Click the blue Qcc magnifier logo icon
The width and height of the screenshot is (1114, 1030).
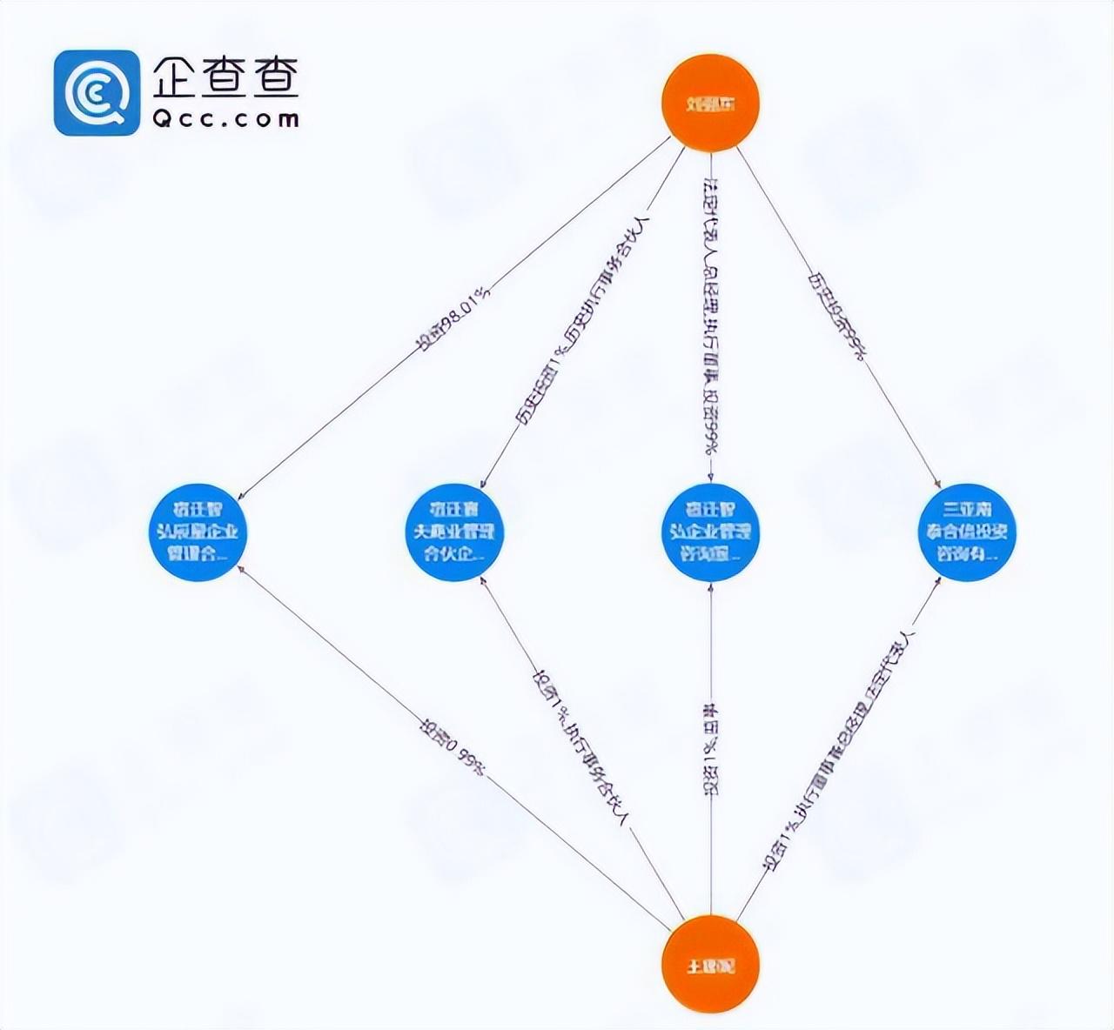[96, 92]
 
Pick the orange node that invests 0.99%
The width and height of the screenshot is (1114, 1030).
[710, 965]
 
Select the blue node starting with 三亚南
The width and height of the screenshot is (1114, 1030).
[966, 532]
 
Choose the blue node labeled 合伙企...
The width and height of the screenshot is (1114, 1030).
[453, 532]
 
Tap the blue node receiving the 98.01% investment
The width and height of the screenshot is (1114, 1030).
[198, 532]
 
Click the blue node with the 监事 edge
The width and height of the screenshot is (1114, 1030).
[710, 532]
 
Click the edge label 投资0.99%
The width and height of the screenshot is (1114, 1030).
[453, 747]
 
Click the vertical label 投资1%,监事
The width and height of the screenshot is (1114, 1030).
[711, 748]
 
